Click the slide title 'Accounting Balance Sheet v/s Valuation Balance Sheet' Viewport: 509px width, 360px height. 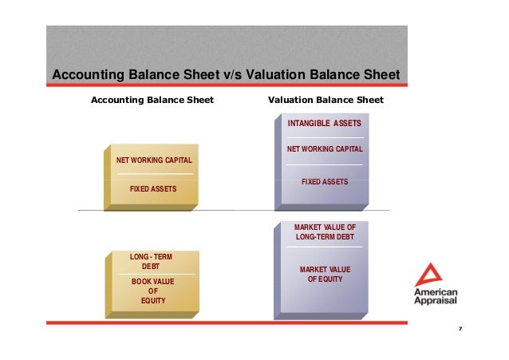[x=225, y=75]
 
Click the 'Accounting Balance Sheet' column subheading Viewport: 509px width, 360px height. [x=152, y=100]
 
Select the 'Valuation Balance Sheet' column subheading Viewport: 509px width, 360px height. [x=326, y=100]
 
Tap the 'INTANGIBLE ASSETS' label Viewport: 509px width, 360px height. [x=324, y=124]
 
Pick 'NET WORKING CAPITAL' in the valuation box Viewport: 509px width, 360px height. [x=325, y=149]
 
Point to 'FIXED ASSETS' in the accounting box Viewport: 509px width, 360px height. [x=153, y=188]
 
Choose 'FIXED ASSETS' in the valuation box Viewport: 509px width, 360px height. [x=325, y=182]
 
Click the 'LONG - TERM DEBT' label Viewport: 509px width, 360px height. [x=150, y=261]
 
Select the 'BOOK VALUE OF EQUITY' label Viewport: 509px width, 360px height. [x=152, y=291]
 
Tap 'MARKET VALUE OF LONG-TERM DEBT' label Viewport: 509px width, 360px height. [x=325, y=232]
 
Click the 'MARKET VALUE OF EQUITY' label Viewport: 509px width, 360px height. [x=325, y=275]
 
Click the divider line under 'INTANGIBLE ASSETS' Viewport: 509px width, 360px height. [x=325, y=137]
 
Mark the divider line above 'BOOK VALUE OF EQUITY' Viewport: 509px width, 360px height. [x=152, y=275]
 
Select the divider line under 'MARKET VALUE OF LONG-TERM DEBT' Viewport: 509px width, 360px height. [x=325, y=247]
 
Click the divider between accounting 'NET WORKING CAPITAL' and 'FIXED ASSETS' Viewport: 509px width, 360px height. [x=154, y=174]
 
